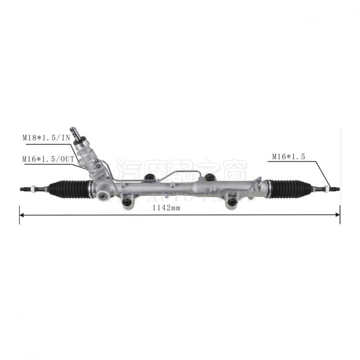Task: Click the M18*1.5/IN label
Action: [x=47, y=137]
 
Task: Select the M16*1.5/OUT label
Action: [x=48, y=158]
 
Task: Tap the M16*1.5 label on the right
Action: [x=288, y=156]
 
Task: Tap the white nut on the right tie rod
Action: [x=326, y=188]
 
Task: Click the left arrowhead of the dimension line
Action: [x=22, y=215]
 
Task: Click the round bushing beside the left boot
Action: [x=102, y=196]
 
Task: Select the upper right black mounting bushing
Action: [x=209, y=177]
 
